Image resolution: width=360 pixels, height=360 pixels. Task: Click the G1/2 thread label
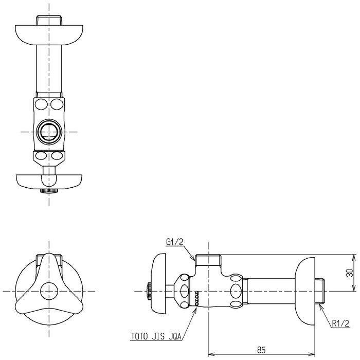pyautogui.click(x=174, y=242)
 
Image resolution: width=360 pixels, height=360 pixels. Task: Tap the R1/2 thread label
pyautogui.click(x=340, y=323)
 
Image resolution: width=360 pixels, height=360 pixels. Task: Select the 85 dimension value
pyautogui.click(x=261, y=350)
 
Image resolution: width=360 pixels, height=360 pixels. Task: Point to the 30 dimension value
pyautogui.click(x=350, y=273)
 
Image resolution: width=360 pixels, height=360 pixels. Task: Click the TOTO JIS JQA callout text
pyautogui.click(x=156, y=336)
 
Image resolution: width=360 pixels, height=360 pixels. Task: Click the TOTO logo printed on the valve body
pyautogui.click(x=196, y=298)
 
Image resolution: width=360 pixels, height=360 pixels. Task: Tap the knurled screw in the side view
pyautogui.click(x=149, y=291)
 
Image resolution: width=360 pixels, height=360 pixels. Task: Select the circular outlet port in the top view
pyautogui.click(x=49, y=132)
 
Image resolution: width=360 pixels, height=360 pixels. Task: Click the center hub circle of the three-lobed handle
pyautogui.click(x=49, y=291)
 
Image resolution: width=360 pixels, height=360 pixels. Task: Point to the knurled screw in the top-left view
pyautogui.click(x=49, y=191)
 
